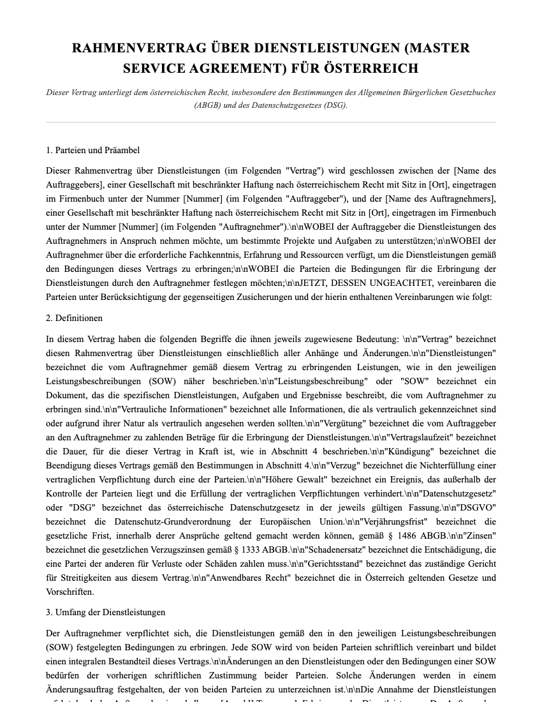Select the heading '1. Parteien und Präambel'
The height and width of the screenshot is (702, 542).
point(92,151)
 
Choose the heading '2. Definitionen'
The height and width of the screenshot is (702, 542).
point(74,318)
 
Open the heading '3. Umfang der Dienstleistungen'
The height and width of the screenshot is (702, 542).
point(105,612)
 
